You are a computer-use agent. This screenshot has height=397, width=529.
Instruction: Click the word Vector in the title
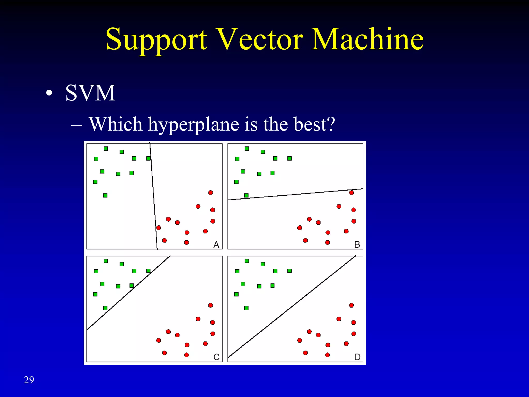(x=259, y=39)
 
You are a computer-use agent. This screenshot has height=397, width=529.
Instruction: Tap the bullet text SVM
(x=90, y=93)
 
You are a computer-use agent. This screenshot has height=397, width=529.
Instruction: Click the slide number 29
(x=29, y=380)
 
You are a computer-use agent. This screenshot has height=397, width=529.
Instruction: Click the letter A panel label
(x=216, y=244)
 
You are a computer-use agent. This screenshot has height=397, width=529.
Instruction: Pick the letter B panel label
(x=357, y=244)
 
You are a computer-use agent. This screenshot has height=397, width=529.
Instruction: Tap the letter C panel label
(x=216, y=357)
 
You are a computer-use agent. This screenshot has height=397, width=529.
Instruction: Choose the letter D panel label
(x=357, y=357)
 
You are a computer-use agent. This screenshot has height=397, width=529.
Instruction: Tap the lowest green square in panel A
(x=105, y=195)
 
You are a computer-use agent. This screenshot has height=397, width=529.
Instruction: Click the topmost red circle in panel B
(x=351, y=193)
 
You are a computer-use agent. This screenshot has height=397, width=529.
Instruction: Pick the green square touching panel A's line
(x=148, y=158)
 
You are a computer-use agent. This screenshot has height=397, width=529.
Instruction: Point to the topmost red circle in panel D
(x=351, y=305)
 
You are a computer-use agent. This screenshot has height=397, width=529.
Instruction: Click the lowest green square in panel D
(x=246, y=308)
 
